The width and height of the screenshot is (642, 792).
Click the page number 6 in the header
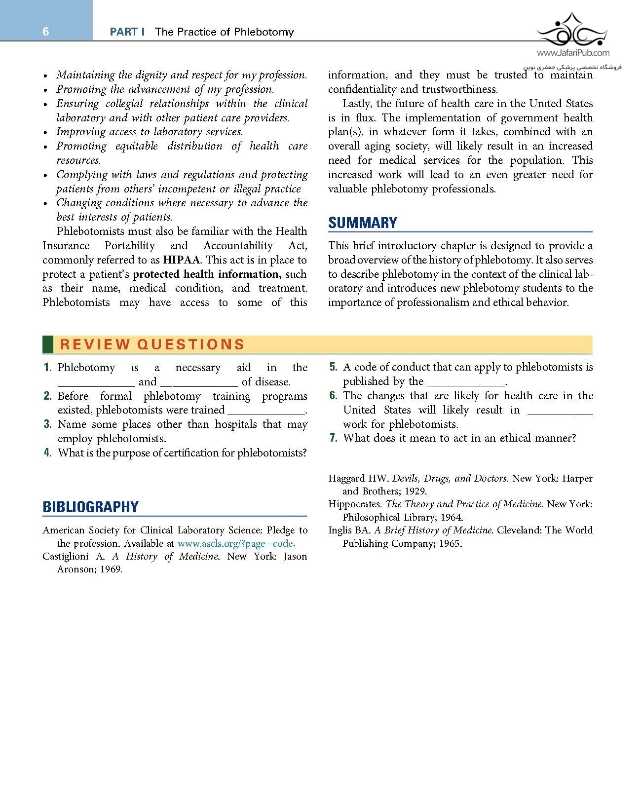[46, 32]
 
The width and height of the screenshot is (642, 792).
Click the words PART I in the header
[127, 32]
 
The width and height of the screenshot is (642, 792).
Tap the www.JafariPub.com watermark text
[573, 53]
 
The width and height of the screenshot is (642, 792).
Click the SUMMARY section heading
[363, 223]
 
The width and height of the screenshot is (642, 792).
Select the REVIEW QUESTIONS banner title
[152, 344]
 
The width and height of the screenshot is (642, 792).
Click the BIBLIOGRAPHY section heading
[90, 507]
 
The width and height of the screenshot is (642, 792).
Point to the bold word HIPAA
[182, 260]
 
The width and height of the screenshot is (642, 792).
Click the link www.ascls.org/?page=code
[235, 543]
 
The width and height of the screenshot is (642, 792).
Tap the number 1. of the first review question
[47, 367]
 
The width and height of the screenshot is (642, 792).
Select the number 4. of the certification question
[47, 453]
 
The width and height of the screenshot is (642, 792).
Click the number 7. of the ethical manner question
[333, 438]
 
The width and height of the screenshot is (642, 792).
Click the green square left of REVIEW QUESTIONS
[48, 344]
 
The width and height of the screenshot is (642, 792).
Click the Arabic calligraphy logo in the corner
[572, 31]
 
